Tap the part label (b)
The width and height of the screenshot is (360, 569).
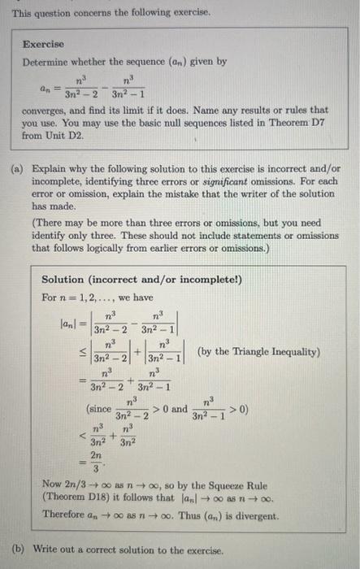point(16,550)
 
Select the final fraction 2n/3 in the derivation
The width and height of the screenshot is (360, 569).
point(99,466)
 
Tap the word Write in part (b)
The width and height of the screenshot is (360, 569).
point(43,550)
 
